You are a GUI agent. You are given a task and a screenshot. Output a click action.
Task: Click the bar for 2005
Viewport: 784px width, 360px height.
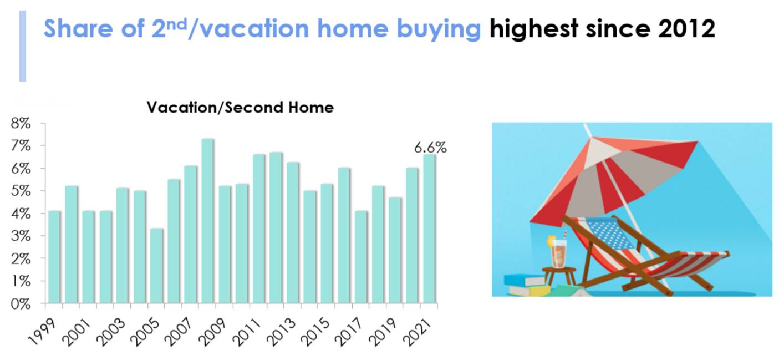(x=157, y=266)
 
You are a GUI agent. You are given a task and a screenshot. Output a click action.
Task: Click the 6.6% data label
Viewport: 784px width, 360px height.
(x=430, y=148)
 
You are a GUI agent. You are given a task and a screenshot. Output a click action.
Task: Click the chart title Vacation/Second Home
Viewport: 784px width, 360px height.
(x=240, y=108)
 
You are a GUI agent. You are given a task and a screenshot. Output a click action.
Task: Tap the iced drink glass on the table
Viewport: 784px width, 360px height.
(x=558, y=254)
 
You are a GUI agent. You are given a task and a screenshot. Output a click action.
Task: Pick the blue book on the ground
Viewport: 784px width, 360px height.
(x=524, y=280)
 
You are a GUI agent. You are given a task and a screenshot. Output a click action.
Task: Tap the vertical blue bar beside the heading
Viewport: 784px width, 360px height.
(x=23, y=47)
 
